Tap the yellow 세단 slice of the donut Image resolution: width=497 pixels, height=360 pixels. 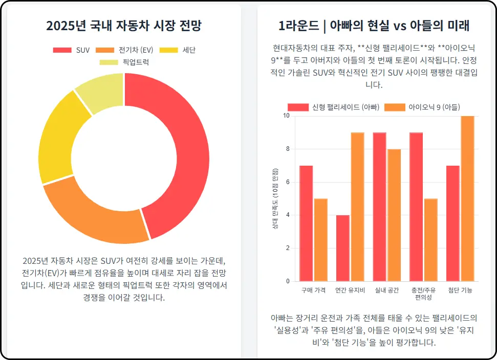tap(61, 138)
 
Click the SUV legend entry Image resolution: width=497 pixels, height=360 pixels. tap(71, 50)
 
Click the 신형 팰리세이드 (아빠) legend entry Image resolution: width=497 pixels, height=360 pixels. tap(333, 107)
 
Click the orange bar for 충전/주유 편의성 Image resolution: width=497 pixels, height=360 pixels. tap(430, 240)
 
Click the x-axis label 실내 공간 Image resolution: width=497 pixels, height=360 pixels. tap(386, 290)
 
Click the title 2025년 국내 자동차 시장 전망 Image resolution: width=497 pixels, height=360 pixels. tap(123, 26)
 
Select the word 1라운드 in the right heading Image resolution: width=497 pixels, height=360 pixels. tap(298, 26)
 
